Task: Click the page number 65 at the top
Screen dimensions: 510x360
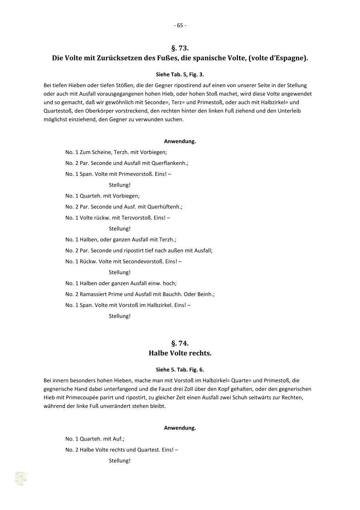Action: pos(180,25)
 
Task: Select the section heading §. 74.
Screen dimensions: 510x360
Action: pos(180,343)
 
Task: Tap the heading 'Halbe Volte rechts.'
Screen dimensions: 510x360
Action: pos(180,353)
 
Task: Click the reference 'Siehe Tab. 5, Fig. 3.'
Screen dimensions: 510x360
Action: pos(180,74)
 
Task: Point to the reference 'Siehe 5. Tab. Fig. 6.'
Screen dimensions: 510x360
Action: pos(180,369)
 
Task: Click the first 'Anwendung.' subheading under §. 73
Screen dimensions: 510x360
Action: pos(180,141)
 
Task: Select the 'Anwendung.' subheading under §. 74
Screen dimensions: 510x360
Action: pos(180,428)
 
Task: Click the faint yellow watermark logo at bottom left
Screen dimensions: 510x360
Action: pos(20,478)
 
